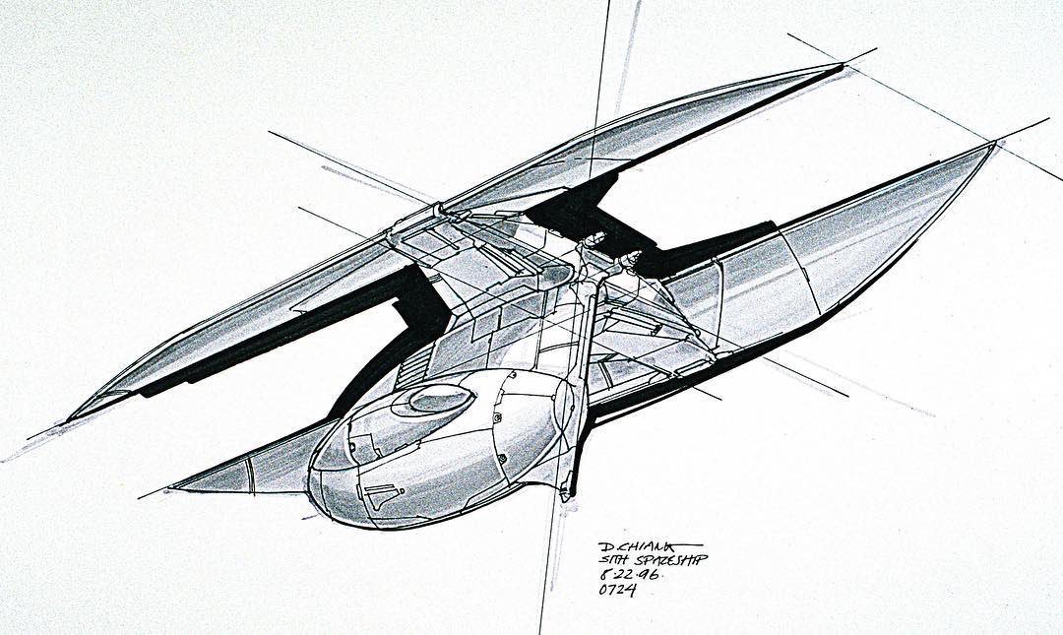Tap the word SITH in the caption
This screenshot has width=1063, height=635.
tap(612, 560)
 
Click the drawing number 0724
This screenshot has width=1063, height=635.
tap(617, 591)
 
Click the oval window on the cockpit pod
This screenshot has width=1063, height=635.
tap(439, 399)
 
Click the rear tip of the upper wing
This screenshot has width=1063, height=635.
tap(842, 67)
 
